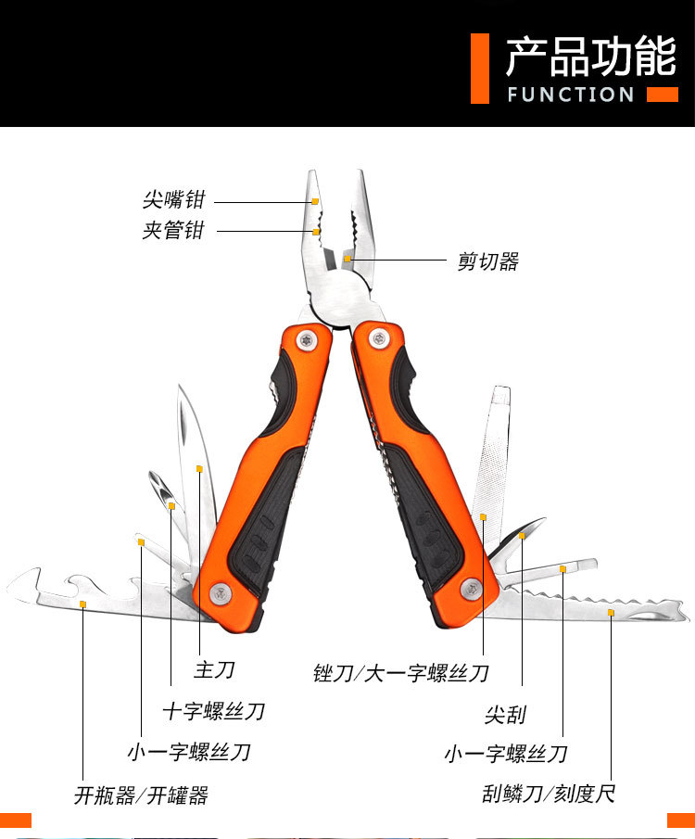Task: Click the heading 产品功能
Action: coord(590,57)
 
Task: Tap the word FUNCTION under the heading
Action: coord(571,95)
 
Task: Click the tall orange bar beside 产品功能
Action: coord(479,68)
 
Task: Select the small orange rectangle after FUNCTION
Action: coord(662,94)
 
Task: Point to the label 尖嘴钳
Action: coord(173,199)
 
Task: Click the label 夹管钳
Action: coord(173,230)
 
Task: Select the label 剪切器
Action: coord(488,261)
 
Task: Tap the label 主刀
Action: coord(214,667)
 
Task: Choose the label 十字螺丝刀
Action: coord(214,711)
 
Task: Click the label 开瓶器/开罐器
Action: coord(141,795)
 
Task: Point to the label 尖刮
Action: coord(505,714)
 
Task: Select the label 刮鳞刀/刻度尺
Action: coord(549,794)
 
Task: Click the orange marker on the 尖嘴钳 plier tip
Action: coord(316,200)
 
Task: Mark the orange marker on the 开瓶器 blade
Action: coord(82,604)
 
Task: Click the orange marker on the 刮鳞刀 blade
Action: coord(610,613)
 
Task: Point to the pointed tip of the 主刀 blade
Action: coord(180,388)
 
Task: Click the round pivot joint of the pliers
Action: coord(340,300)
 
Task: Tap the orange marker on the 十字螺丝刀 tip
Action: coord(171,505)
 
